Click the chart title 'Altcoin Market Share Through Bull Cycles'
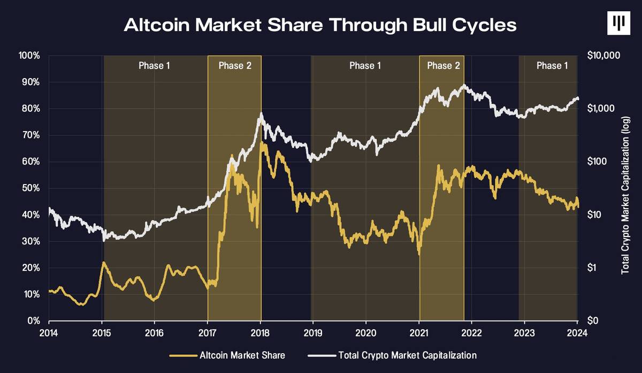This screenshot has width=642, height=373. click(x=320, y=25)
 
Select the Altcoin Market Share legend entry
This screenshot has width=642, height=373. click(x=227, y=355)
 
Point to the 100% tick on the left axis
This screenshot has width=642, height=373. click(x=29, y=56)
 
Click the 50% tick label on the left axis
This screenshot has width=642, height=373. click(x=31, y=188)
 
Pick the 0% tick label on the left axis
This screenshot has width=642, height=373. click(x=33, y=321)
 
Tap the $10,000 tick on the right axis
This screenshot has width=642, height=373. click(x=603, y=56)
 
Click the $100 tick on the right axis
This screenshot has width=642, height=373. click(x=597, y=162)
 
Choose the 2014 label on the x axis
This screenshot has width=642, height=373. click(x=49, y=331)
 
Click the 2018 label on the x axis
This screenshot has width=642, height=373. click(x=261, y=331)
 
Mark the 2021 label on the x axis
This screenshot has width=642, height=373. click(x=419, y=331)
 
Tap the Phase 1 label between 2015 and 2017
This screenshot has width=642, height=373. click(x=155, y=66)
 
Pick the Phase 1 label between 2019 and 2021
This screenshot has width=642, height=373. click(x=365, y=66)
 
